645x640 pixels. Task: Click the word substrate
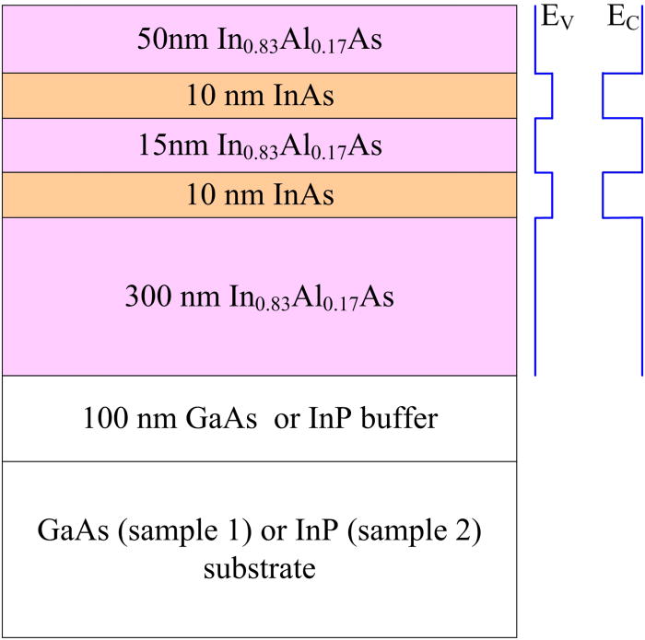259,568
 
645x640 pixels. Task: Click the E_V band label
557,18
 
